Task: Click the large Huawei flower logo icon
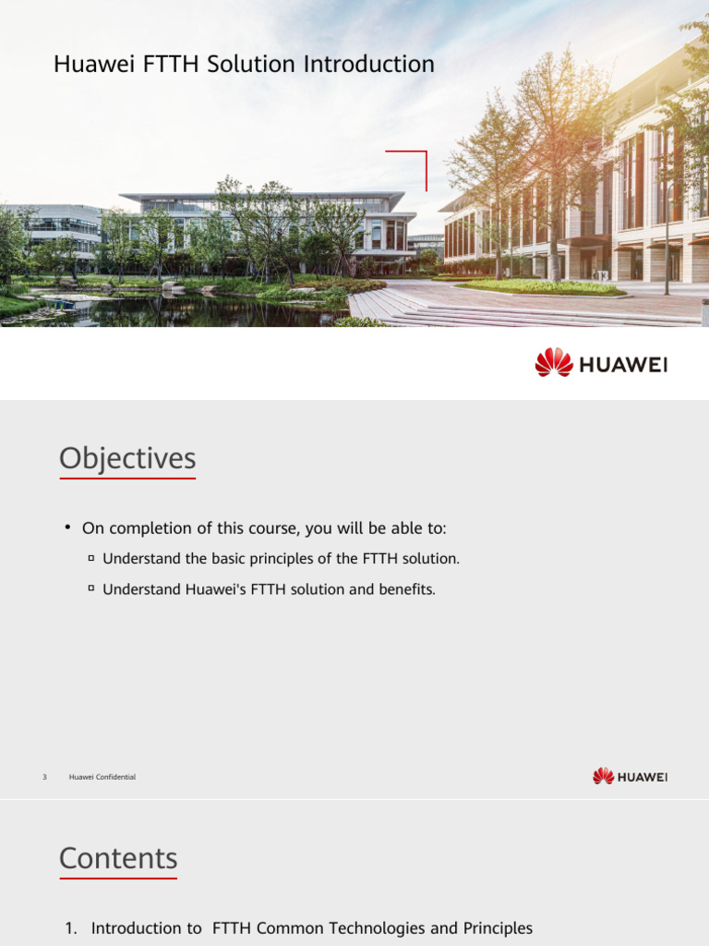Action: pos(553,362)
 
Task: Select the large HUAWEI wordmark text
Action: pos(623,364)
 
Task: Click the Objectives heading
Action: pos(127,458)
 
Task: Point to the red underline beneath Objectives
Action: pos(127,479)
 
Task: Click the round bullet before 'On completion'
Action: pos(67,528)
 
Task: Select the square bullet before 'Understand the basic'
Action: pos(91,558)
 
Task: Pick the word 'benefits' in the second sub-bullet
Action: pos(405,588)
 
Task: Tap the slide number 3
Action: pos(44,777)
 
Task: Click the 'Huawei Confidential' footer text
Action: pos(102,777)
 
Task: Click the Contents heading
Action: pos(118,858)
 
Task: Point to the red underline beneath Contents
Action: pos(118,878)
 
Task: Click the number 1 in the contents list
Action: pos(70,928)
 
